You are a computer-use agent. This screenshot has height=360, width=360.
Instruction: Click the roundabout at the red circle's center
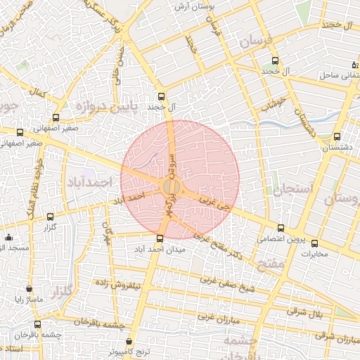(x=171, y=187)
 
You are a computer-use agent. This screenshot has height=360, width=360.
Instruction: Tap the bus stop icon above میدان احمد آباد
(x=160, y=238)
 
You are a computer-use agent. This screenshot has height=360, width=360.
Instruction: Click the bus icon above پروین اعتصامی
(x=281, y=228)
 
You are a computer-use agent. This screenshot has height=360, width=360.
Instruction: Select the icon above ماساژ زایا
(x=29, y=288)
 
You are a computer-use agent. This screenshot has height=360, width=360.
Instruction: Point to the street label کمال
(x=39, y=91)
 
